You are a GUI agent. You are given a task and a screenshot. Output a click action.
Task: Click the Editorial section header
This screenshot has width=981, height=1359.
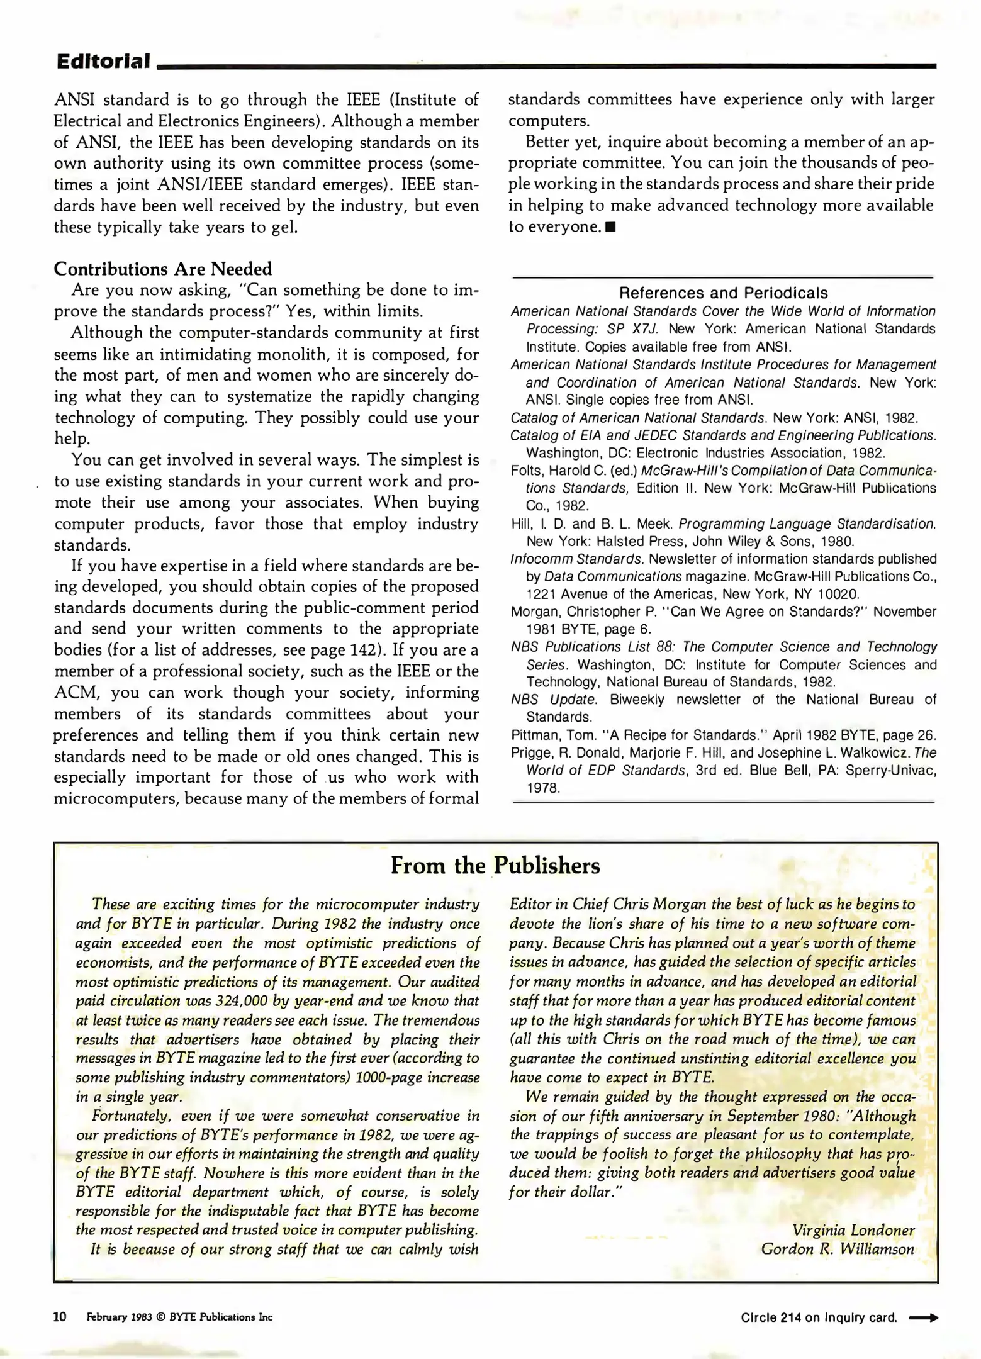pyautogui.click(x=103, y=61)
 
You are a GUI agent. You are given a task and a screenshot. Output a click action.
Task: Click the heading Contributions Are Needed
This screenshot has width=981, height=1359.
pyautogui.click(x=162, y=269)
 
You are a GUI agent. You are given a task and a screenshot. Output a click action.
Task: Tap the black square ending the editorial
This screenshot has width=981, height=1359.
pyautogui.click(x=610, y=227)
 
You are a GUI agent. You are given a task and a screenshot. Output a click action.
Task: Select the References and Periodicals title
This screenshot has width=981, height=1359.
pyautogui.click(x=723, y=293)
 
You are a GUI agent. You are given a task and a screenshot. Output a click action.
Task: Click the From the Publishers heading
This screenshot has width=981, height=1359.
pyautogui.click(x=495, y=866)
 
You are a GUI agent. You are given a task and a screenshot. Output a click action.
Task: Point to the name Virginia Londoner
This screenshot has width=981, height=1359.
pyautogui.click(x=853, y=1230)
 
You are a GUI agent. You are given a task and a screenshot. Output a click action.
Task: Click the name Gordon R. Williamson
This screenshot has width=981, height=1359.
pyautogui.click(x=837, y=1250)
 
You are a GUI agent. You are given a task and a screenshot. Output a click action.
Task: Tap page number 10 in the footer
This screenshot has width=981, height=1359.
pyautogui.click(x=60, y=1317)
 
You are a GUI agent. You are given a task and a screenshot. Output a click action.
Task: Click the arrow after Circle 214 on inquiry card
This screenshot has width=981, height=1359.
pyautogui.click(x=923, y=1317)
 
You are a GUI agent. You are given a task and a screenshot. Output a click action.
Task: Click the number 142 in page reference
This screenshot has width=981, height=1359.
pyautogui.click(x=366, y=650)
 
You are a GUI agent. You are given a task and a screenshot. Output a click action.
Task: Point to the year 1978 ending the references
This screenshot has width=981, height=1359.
pyautogui.click(x=542, y=788)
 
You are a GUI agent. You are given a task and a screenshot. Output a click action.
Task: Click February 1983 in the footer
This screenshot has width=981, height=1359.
pyautogui.click(x=119, y=1317)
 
